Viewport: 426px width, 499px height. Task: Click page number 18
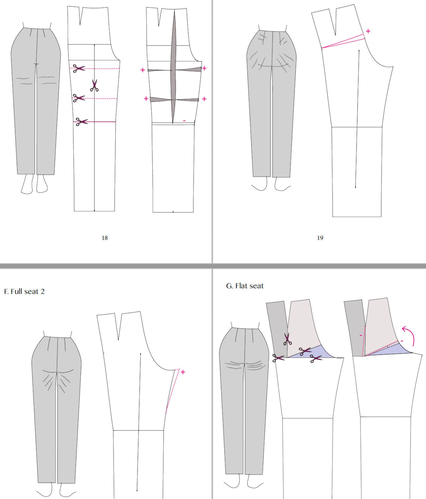105,238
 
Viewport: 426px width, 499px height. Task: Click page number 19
320,238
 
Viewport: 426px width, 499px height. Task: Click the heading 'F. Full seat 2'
24,292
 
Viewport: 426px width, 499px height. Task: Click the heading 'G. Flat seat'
245,286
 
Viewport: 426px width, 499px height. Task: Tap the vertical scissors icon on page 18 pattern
94,86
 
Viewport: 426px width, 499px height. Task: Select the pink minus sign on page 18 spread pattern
184,121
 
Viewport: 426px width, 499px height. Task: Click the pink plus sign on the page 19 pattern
368,31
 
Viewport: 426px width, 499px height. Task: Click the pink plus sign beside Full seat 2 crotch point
183,372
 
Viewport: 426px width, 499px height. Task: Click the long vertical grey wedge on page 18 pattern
174,67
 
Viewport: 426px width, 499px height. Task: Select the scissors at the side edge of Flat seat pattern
278,358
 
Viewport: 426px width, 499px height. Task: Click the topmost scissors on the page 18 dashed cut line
79,68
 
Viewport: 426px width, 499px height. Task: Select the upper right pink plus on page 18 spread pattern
204,68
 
